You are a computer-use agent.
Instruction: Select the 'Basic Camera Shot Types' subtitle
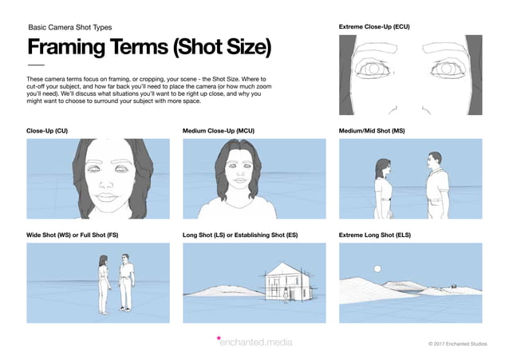pos(71,26)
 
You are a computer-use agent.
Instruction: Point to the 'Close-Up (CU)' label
pos(47,130)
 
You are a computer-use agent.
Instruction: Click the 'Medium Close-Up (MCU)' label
pos(219,130)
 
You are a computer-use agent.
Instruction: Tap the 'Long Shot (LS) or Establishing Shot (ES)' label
pos(240,235)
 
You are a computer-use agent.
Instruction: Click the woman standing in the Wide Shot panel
pos(103,283)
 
